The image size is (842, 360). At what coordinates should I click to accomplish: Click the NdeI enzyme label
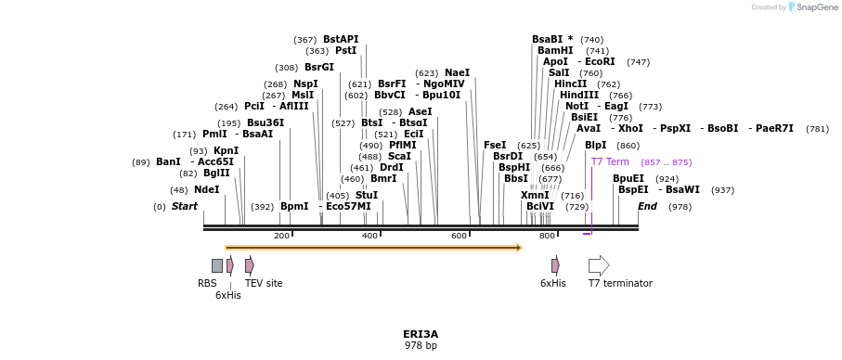[206, 190]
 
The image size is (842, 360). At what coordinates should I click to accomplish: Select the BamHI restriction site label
[555, 51]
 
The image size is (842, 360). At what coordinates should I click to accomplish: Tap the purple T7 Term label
[610, 162]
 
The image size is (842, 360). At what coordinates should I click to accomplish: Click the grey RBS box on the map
[216, 265]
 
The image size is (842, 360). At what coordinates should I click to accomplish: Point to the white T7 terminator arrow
[599, 265]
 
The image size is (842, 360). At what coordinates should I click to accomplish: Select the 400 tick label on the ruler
[369, 236]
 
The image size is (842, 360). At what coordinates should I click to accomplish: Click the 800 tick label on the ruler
[547, 236]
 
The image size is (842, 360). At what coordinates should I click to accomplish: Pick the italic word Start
[185, 206]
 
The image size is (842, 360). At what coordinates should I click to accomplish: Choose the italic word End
[647, 206]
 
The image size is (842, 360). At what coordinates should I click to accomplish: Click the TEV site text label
[264, 283]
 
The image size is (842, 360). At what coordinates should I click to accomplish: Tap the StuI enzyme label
[366, 196]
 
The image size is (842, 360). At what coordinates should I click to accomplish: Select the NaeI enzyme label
[457, 73]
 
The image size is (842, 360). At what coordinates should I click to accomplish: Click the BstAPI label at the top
[341, 40]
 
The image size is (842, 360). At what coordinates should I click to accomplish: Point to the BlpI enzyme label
[595, 146]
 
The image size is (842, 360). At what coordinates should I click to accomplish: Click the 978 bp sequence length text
[421, 346]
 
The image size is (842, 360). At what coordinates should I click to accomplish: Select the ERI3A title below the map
[421, 334]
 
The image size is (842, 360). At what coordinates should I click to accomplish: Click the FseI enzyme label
[495, 146]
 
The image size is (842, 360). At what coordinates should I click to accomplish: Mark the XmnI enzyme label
[535, 196]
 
